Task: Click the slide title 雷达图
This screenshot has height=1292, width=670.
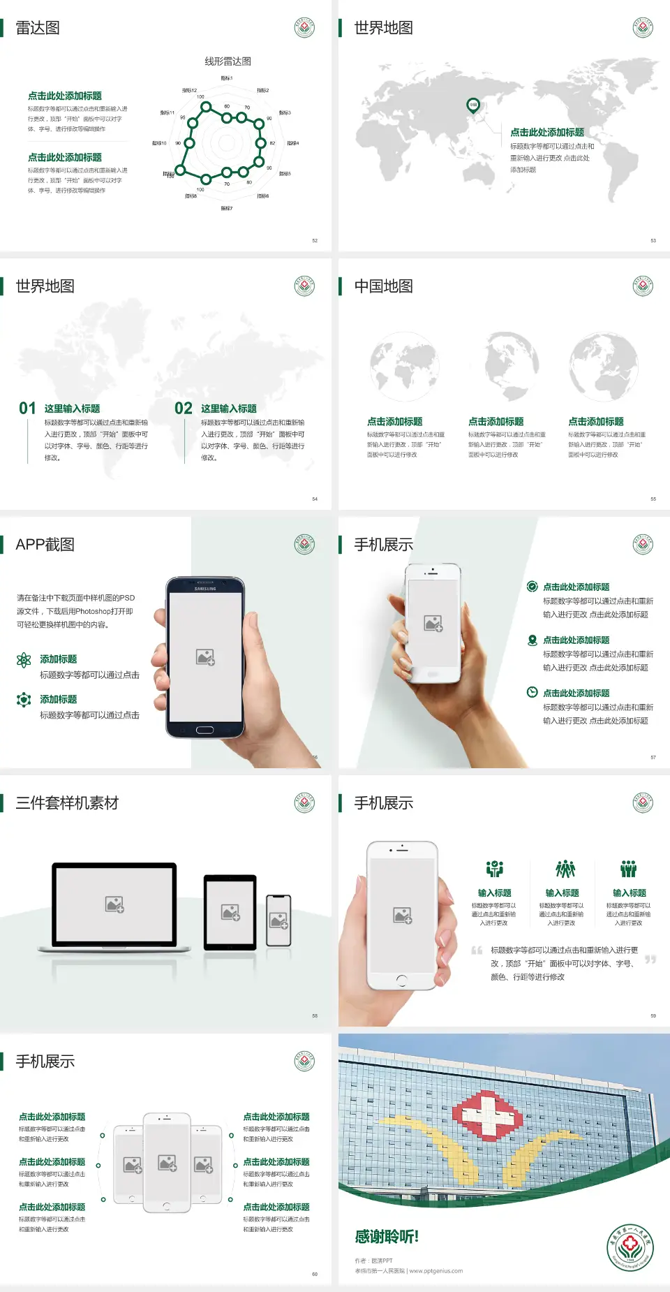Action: pyautogui.click(x=38, y=28)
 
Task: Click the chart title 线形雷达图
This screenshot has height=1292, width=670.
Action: pyautogui.click(x=228, y=61)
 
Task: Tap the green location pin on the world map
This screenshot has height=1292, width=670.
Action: pyautogui.click(x=473, y=105)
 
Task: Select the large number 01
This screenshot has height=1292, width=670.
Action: pyautogui.click(x=27, y=409)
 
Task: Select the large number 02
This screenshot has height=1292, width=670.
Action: pyautogui.click(x=184, y=409)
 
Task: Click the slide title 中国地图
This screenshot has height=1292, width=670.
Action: pyautogui.click(x=383, y=286)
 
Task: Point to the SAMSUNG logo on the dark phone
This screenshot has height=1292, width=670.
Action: pyautogui.click(x=205, y=589)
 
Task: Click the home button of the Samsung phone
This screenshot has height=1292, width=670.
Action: pyautogui.click(x=204, y=730)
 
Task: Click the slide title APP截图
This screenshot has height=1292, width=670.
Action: pyautogui.click(x=45, y=545)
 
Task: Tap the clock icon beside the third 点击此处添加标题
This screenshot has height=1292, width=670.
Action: pyautogui.click(x=532, y=692)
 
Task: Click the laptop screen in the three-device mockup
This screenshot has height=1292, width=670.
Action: pyautogui.click(x=114, y=904)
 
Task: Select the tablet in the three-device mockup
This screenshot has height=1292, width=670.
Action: pyautogui.click(x=230, y=911)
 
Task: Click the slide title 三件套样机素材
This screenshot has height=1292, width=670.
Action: pyautogui.click(x=67, y=803)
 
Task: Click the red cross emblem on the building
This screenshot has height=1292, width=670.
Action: pyautogui.click(x=488, y=1113)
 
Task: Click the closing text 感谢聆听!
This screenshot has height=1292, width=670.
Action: pyautogui.click(x=387, y=1237)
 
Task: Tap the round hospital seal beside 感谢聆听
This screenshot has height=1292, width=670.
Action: pyautogui.click(x=630, y=1247)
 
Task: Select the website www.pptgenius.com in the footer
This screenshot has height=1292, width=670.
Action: pyautogui.click(x=436, y=1271)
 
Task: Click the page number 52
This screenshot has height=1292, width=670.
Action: pyautogui.click(x=315, y=240)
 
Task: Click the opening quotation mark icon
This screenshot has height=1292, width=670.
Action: pyautogui.click(x=477, y=950)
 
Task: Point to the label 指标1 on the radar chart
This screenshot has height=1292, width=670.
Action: pyautogui.click(x=227, y=78)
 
